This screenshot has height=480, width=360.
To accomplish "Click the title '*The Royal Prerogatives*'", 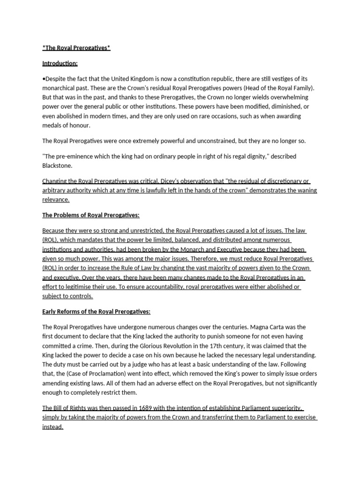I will tap(76, 48).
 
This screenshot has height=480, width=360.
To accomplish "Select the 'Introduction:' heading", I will tap(60, 63).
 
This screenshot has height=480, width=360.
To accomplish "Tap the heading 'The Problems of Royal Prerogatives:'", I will tap(91, 215).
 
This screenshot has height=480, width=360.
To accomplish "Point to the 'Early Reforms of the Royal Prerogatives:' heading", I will tap(96, 312).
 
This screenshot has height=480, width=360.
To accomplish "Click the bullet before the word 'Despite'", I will tap(44, 79).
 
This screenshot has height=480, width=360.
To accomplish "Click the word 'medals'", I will tap(53, 125).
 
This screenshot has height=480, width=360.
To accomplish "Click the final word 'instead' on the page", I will tap(52, 427).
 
